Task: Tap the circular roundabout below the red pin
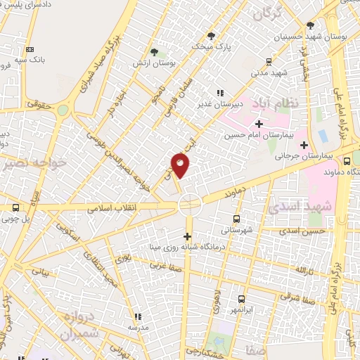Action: click(x=190, y=205)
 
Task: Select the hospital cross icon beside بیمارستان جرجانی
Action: click(x=303, y=145)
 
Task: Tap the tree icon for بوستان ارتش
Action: click(x=154, y=51)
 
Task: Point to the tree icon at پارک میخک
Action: click(x=210, y=35)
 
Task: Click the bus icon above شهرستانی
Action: click(x=236, y=218)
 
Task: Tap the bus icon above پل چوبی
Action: click(x=16, y=207)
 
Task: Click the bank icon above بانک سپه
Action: click(x=30, y=49)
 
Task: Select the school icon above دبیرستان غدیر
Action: click(x=220, y=92)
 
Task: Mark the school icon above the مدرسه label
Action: click(x=138, y=316)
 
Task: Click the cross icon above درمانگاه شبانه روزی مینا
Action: click(x=188, y=236)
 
